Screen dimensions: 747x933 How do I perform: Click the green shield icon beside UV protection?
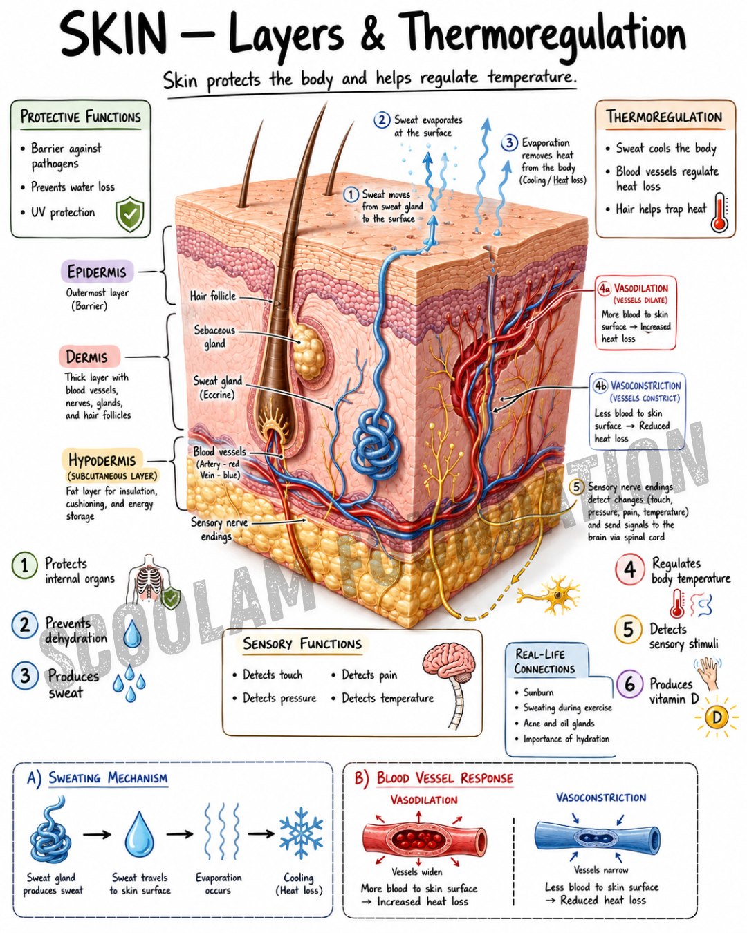(129, 214)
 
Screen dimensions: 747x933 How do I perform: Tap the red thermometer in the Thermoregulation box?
(719, 212)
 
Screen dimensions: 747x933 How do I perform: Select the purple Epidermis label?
(97, 272)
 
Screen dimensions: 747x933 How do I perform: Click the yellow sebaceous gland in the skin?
(307, 350)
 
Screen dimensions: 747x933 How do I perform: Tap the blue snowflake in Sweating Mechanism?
(302, 833)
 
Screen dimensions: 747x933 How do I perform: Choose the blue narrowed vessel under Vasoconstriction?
(597, 838)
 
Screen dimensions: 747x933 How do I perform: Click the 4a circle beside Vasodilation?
(605, 289)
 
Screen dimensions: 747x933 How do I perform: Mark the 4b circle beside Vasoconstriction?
(600, 386)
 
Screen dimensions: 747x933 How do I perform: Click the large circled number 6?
(630, 685)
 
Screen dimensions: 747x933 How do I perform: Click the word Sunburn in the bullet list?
(538, 692)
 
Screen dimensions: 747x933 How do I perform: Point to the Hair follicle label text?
(212, 296)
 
